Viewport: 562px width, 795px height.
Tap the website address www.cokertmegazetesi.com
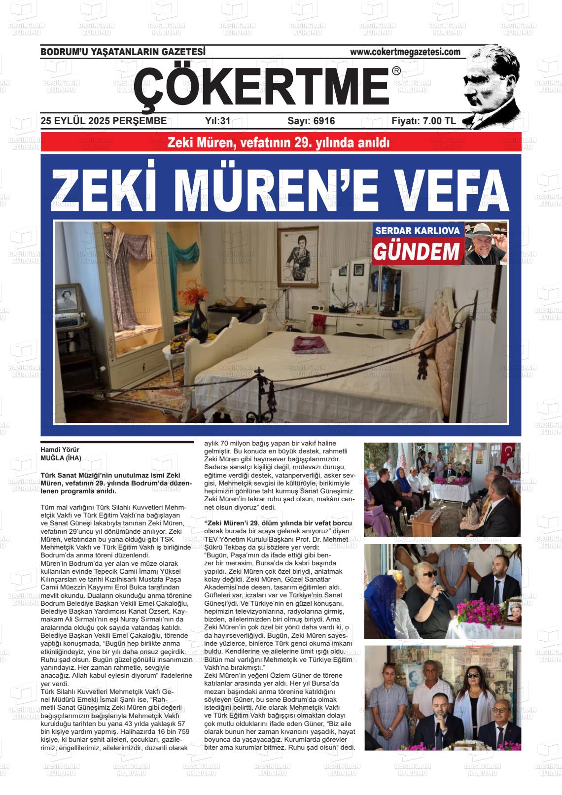pyautogui.click(x=405, y=52)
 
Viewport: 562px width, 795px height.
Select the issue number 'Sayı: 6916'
pyautogui.click(x=311, y=121)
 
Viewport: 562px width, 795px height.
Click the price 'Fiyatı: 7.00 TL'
pyautogui.click(x=423, y=121)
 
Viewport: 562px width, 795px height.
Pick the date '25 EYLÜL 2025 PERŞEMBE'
pyautogui.click(x=104, y=121)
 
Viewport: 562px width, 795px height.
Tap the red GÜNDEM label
pyautogui.click(x=417, y=252)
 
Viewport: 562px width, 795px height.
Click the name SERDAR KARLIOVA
pyautogui.click(x=418, y=231)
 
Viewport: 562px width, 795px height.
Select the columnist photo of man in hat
pyautogui.click(x=486, y=243)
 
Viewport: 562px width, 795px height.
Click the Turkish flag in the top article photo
pyautogui.click(x=508, y=453)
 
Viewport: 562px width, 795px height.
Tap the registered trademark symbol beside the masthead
pyautogui.click(x=396, y=71)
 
